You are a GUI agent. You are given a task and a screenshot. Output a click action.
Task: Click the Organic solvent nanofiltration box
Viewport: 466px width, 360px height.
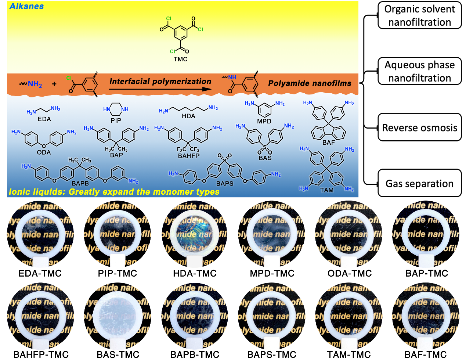419,15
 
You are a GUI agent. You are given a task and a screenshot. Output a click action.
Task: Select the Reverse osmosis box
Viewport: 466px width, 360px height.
419,127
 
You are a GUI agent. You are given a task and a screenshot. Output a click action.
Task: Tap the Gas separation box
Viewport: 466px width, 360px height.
419,183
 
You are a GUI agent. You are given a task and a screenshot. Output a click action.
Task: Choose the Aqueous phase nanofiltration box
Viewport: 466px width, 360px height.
419,71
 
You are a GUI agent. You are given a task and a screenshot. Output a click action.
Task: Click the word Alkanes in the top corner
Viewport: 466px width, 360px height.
26,6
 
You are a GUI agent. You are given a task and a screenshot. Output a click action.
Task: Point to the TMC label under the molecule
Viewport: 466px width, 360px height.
180,59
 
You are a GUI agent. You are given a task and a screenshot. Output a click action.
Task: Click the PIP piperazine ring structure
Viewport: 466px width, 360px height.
116,109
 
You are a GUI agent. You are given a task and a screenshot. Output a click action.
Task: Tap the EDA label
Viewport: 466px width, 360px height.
44,119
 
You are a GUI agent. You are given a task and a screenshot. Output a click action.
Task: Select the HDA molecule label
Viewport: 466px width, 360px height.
188,116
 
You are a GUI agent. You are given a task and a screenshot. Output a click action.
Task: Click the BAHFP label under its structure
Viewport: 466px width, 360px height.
188,156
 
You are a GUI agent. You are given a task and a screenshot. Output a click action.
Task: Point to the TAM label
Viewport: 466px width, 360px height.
326,190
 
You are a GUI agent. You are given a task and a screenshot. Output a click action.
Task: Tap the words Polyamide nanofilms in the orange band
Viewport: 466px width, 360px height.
310,83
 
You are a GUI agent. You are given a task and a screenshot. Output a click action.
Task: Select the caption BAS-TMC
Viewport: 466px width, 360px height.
118,354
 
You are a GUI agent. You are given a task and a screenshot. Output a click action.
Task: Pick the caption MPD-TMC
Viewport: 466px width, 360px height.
272,274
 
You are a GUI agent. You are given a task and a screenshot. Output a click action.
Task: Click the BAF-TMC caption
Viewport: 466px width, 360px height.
426,354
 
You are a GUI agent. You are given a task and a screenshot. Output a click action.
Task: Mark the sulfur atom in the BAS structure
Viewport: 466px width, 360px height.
264,147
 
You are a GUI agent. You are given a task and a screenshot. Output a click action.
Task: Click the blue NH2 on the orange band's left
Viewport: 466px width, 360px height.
35,84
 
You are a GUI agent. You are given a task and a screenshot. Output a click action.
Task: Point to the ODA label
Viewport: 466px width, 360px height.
44,152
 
